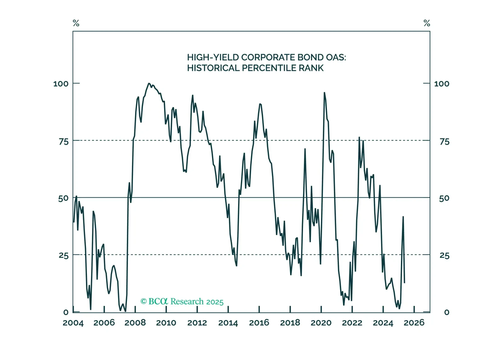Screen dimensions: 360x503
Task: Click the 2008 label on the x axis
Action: [135, 323]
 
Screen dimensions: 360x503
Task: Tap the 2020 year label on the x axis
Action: [321, 323]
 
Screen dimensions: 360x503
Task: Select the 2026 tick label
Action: [414, 323]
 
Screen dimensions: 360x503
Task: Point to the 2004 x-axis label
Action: [73, 323]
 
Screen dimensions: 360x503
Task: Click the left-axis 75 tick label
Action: [64, 142]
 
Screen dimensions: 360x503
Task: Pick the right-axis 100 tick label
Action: [442, 84]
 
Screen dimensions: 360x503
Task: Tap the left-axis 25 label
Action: [64, 256]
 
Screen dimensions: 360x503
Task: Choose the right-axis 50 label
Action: [444, 198]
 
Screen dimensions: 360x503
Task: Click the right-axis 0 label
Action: [447, 312]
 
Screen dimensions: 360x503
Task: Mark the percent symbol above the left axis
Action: [76, 23]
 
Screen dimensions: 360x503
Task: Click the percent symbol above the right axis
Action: [427, 23]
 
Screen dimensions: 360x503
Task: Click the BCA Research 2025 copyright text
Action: [182, 301]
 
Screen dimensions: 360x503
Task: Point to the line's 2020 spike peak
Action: [324, 93]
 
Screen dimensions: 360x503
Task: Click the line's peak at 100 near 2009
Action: [149, 83]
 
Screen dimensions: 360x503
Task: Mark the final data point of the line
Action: [404, 283]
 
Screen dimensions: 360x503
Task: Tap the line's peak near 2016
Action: [260, 104]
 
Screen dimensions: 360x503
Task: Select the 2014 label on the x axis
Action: [228, 323]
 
